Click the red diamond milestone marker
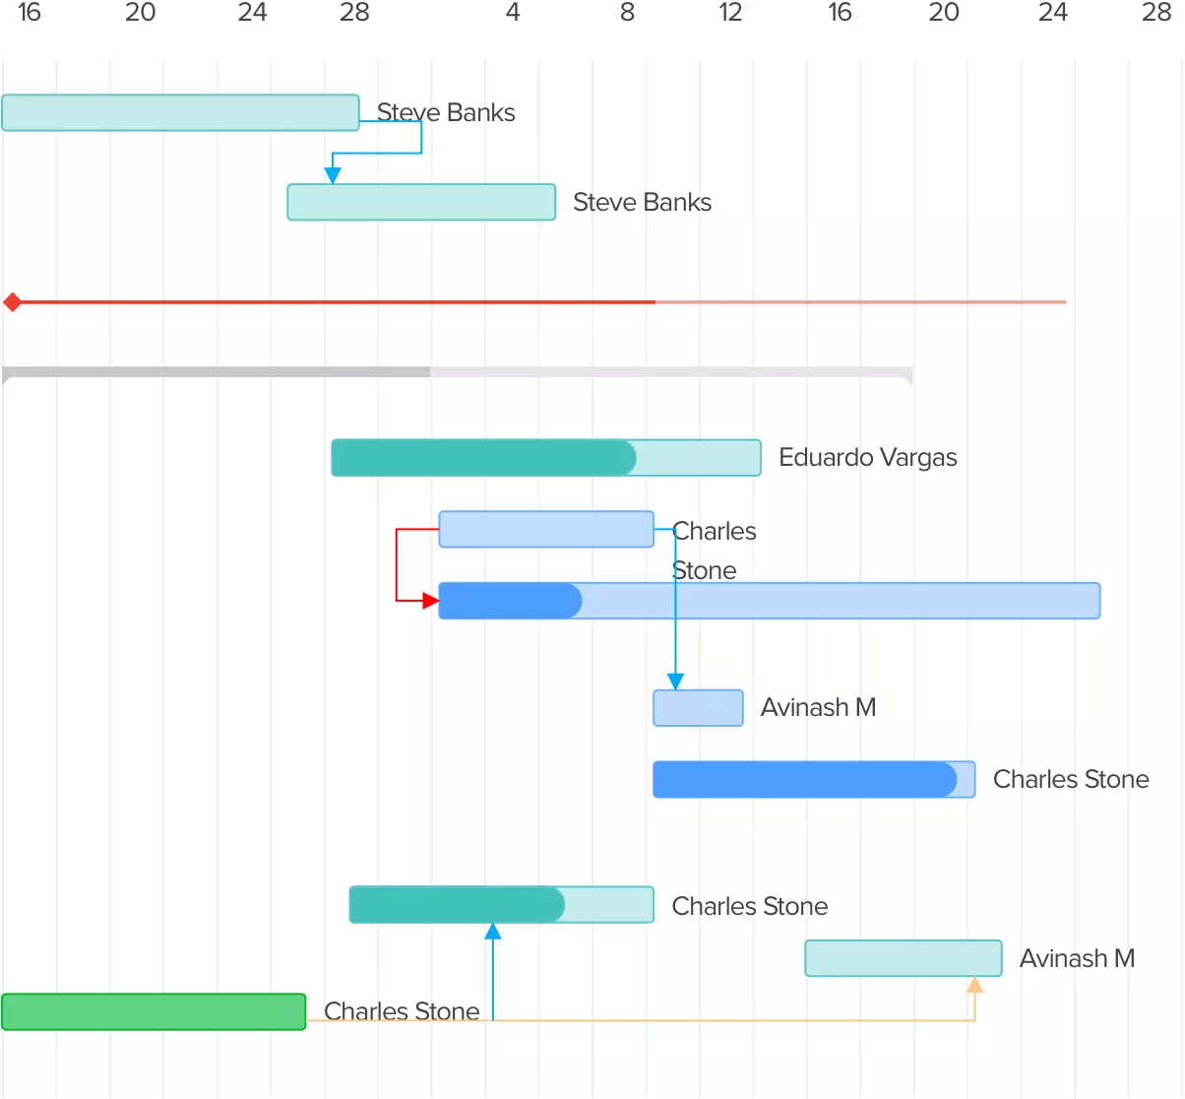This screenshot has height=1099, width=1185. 13,302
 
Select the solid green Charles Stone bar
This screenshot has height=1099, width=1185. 154,1011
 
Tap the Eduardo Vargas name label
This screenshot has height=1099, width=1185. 867,458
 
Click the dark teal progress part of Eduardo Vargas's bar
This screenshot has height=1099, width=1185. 483,458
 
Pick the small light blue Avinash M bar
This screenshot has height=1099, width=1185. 698,708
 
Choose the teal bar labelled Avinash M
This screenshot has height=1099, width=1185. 903,958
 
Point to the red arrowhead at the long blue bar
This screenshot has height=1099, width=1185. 430,601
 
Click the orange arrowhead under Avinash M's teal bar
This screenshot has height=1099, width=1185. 974,985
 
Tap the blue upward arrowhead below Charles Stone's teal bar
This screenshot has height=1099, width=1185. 493,932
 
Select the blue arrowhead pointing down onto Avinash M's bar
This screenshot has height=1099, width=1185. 675,681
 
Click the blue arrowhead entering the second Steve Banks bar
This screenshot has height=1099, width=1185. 333,175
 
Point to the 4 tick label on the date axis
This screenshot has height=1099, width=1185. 513,13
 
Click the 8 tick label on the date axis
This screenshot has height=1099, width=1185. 627,13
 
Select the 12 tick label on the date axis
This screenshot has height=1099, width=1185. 730,13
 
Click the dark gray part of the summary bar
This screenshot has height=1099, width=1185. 217,372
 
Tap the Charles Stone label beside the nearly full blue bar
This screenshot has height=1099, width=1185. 1071,780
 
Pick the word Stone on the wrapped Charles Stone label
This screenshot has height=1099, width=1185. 705,571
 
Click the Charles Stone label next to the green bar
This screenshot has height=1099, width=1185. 402,1011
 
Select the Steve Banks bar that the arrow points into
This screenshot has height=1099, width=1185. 421,202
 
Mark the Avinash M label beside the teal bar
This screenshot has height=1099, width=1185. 1077,959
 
